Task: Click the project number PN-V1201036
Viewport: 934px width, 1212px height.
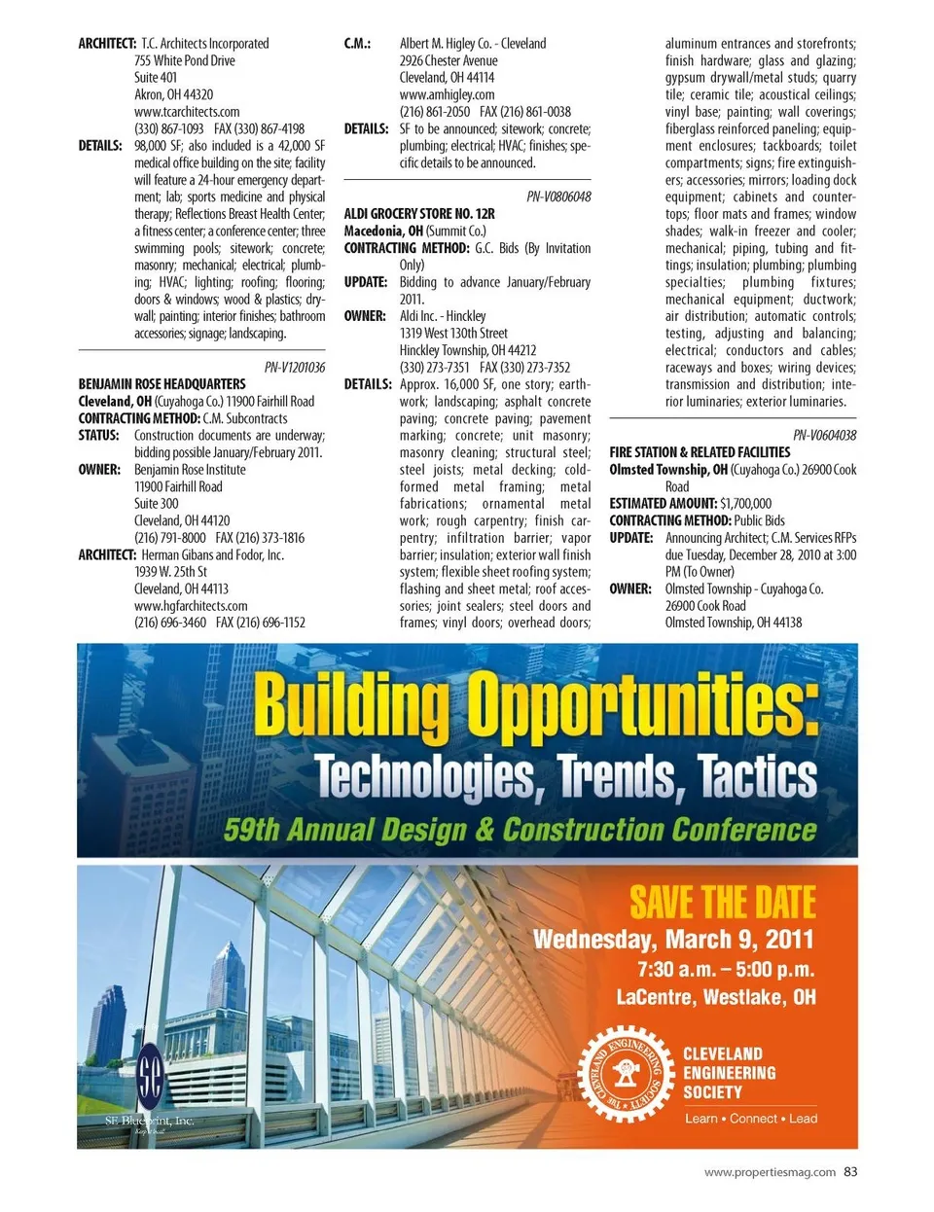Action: [295, 367]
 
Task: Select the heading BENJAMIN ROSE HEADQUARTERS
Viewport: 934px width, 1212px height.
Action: [162, 384]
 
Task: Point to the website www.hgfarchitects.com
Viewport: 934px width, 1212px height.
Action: [191, 605]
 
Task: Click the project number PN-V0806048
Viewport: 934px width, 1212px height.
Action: [558, 196]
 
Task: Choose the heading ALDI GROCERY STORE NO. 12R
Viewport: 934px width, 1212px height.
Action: [419, 214]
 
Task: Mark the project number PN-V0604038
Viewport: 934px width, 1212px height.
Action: [824, 435]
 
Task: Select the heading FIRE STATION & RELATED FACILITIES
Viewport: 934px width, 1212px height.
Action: [700, 452]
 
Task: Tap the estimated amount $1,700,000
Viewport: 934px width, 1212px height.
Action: [745, 504]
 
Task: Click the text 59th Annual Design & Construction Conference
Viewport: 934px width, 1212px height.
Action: [521, 830]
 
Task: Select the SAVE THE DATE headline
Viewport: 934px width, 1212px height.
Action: [722, 903]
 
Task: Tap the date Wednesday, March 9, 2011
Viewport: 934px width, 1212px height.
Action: [672, 940]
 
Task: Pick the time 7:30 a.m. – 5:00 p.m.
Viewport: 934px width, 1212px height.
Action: [725, 969]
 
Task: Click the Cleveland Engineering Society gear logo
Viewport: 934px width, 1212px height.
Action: [626, 1074]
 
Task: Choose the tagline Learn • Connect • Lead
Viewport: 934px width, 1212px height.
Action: [750, 1119]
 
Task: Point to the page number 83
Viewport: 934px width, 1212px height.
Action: [850, 1172]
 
